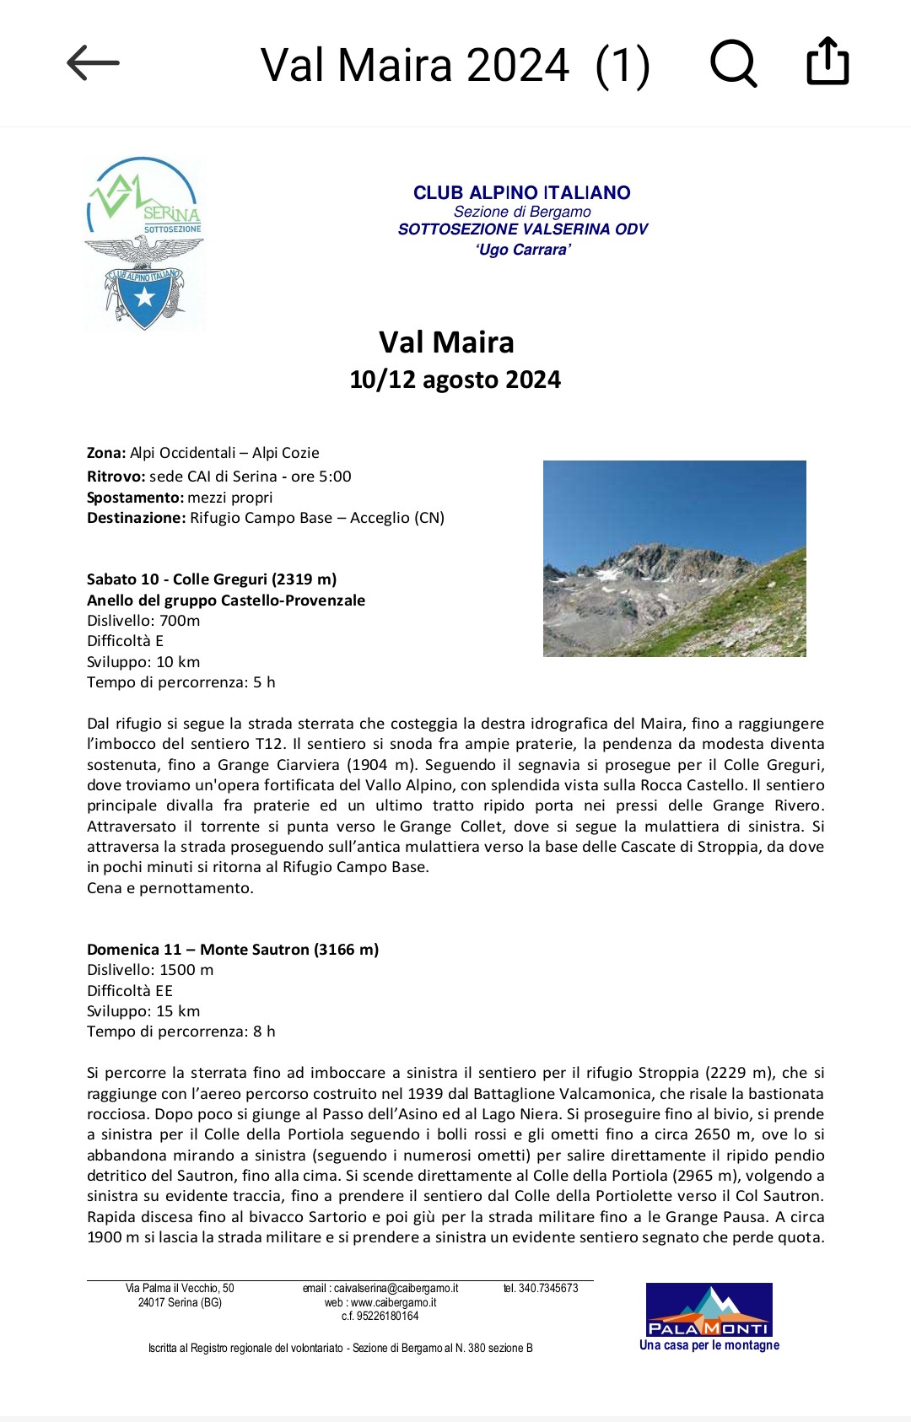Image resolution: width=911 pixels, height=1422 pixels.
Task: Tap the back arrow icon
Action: coord(93,63)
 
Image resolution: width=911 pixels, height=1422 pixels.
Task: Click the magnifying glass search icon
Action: coord(733,63)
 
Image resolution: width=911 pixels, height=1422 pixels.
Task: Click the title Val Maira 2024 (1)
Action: coord(455,65)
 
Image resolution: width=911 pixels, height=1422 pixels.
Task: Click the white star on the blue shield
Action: coord(145,297)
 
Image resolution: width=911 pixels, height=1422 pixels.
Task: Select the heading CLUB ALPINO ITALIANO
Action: coord(521,192)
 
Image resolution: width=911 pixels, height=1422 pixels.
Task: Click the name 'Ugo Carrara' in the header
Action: coord(523,250)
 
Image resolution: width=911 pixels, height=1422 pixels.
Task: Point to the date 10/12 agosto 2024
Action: coord(455,380)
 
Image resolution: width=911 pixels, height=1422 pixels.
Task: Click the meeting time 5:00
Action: coord(335,477)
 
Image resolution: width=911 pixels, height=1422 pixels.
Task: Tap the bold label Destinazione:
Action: coord(136,518)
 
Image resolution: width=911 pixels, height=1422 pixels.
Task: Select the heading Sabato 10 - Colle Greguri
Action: coord(211,579)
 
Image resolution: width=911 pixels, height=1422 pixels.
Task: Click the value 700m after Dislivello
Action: coord(180,621)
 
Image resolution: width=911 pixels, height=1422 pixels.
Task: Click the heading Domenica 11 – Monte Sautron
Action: coord(232,950)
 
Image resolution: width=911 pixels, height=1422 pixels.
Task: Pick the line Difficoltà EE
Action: coord(129,991)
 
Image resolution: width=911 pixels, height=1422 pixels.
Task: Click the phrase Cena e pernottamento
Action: coord(170,888)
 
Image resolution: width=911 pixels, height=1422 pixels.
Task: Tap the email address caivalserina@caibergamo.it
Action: coord(396,1288)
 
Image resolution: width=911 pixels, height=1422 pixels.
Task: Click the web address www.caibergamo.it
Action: coord(393,1302)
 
